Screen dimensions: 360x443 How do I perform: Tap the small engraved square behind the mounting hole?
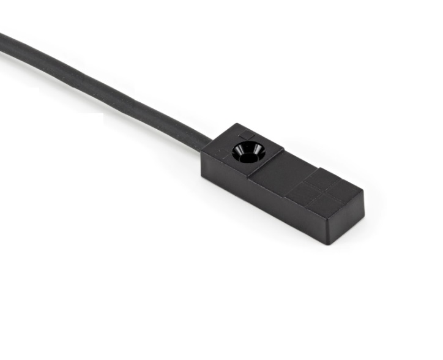click(x=246, y=133)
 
